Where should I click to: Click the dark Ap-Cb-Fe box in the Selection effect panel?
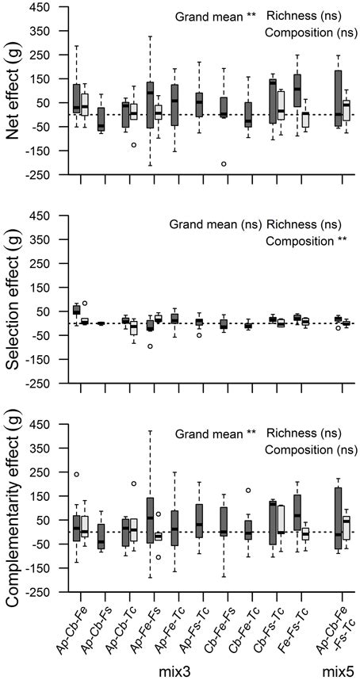tap(76, 310)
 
